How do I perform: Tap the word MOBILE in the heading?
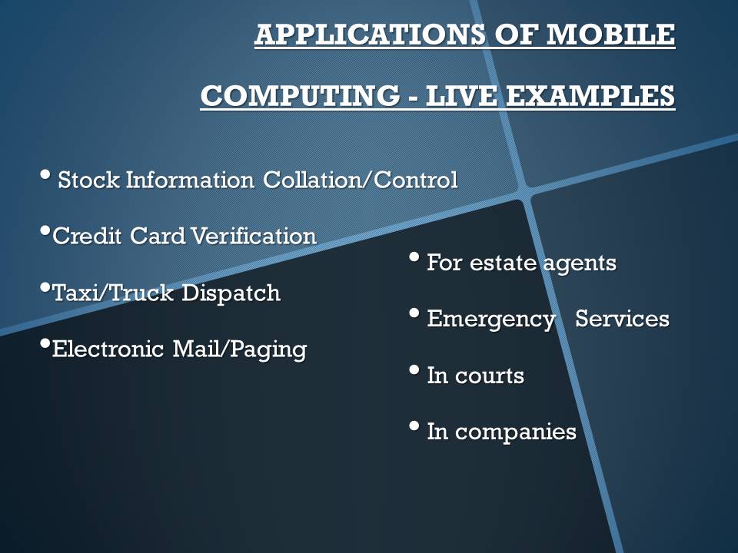(610, 34)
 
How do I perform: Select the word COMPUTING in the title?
(300, 95)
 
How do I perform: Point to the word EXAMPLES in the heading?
(590, 95)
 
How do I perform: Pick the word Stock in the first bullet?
(88, 180)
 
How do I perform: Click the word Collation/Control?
(360, 180)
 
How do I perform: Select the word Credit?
(87, 236)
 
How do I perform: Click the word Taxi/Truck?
(113, 293)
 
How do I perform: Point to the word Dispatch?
(231, 293)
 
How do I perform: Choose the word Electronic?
(108, 349)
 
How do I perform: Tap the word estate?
(503, 263)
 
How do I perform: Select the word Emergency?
(491, 320)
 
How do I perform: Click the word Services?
(622, 318)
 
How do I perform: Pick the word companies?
(515, 432)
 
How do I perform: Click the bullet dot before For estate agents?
(414, 257)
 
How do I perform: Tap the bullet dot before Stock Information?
(45, 174)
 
